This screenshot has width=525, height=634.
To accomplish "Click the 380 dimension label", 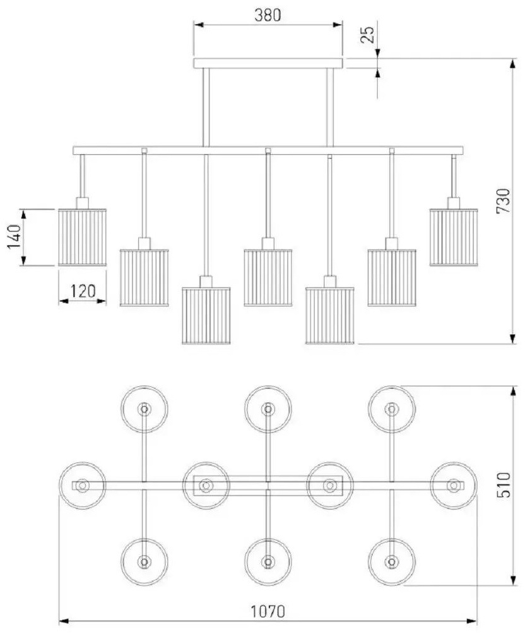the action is pyautogui.click(x=267, y=15).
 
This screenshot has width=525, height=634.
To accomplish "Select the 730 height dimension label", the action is pyautogui.click(x=504, y=201).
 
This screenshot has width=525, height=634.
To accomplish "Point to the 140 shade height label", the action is pyautogui.click(x=15, y=237).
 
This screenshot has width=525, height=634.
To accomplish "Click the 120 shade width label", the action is pyautogui.click(x=83, y=291).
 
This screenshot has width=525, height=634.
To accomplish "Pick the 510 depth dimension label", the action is pyautogui.click(x=504, y=484).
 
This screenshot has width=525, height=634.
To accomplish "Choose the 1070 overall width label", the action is pyautogui.click(x=268, y=611).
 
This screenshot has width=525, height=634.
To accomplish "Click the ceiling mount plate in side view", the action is pyautogui.click(x=268, y=63).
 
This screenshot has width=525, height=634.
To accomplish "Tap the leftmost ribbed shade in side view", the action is pyautogui.click(x=83, y=237).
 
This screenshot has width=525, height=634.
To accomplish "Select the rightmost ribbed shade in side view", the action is pyautogui.click(x=454, y=237).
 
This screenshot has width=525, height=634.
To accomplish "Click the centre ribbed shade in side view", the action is pyautogui.click(x=268, y=278).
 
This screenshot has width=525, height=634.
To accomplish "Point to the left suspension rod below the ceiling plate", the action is pyautogui.click(x=206, y=107).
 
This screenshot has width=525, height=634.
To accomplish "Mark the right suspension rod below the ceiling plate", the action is pyautogui.click(x=330, y=107).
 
